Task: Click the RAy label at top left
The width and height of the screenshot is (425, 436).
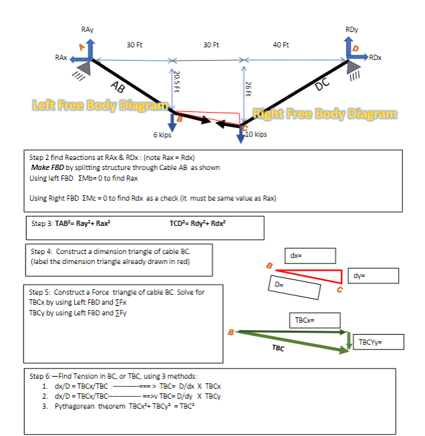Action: click(x=87, y=31)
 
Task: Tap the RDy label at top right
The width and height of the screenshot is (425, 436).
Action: click(x=352, y=31)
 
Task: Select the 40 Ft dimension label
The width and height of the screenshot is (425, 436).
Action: click(x=282, y=45)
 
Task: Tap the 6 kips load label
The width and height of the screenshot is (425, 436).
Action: click(x=162, y=135)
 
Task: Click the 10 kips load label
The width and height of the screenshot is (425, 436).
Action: click(x=256, y=134)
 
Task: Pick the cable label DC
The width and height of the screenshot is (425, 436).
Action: click(x=322, y=84)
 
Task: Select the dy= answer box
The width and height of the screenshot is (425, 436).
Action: click(x=374, y=275)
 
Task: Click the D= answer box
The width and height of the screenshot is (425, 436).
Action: click(x=294, y=288)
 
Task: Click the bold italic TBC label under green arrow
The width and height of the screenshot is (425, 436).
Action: click(x=279, y=348)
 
